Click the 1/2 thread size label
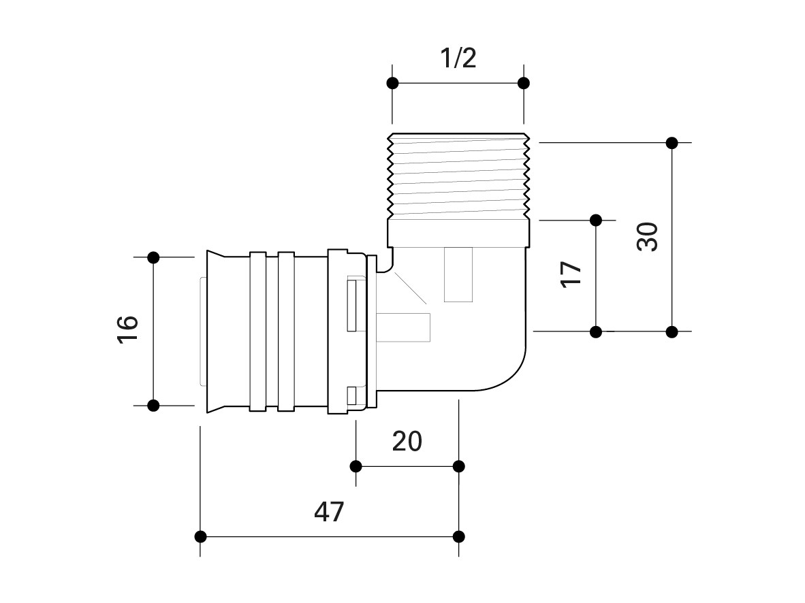click(457, 59)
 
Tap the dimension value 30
click(648, 237)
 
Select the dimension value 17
click(571, 275)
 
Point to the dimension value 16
click(128, 331)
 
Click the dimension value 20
click(407, 442)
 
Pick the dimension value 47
click(330, 512)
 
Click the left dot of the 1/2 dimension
click(392, 83)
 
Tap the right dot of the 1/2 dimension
click(524, 83)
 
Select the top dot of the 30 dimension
click(672, 143)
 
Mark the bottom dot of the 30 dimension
click(672, 332)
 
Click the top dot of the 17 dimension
click(596, 220)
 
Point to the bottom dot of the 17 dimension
click(596, 332)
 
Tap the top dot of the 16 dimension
click(153, 257)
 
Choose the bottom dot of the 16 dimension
click(153, 406)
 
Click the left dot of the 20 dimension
click(356, 466)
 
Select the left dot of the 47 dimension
click(200, 536)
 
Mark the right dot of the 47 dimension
click(459, 536)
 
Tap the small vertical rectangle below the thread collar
click(458, 274)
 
